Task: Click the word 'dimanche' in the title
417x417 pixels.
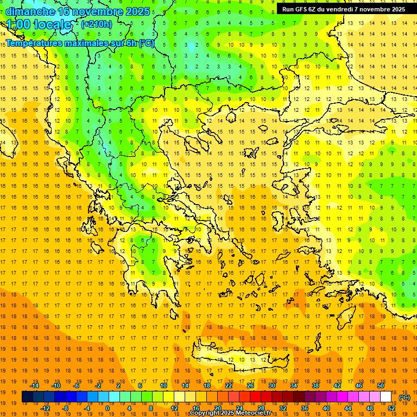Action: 27,11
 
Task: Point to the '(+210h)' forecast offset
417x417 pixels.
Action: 96,24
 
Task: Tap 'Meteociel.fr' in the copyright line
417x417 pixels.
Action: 253,413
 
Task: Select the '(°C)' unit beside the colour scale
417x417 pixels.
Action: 405,397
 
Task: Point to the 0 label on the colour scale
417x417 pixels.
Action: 107,408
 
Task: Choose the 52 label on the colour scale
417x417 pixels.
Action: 391,408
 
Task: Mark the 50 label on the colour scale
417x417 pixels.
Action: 381,386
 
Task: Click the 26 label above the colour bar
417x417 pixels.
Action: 250,386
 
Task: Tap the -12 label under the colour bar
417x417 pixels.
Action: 45,408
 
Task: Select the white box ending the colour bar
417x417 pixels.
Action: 386,397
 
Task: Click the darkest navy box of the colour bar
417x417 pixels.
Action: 27,397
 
